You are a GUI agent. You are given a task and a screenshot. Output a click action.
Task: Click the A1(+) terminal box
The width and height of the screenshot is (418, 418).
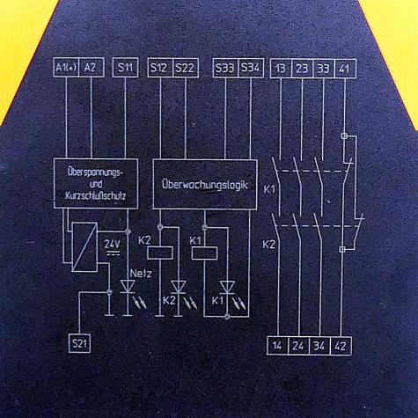[66, 68]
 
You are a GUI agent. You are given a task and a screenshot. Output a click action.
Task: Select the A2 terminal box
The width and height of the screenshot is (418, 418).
[92, 68]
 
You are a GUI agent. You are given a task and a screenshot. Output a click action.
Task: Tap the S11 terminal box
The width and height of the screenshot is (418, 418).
[125, 68]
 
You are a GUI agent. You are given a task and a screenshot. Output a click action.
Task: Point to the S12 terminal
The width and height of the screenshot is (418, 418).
[160, 68]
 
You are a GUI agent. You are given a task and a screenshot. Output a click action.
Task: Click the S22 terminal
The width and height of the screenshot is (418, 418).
[186, 68]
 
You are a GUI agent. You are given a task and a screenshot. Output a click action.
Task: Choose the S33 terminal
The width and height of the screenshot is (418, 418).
[225, 69]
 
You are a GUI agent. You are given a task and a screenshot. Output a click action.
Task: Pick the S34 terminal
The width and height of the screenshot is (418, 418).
[251, 69]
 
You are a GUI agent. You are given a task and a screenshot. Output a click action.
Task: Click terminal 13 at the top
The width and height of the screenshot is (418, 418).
[281, 69]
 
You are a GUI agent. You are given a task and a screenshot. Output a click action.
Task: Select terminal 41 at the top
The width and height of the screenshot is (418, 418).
[346, 69]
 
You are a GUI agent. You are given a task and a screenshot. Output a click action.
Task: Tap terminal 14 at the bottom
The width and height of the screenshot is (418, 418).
[277, 346]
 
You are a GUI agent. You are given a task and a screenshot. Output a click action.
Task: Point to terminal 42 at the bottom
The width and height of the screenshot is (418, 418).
[341, 346]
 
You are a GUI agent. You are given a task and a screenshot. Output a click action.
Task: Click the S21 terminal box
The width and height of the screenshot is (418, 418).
[79, 343]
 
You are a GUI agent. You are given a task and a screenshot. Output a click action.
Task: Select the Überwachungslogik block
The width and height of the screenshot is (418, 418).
[205, 184]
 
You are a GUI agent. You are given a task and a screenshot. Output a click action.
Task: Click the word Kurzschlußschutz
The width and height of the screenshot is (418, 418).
[96, 195]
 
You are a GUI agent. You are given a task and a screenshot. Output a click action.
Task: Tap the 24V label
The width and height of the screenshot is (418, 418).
[112, 244]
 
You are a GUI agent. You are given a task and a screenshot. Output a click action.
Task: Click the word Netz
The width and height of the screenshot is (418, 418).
[141, 274]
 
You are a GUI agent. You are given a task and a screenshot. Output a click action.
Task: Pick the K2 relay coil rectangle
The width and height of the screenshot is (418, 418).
[160, 253]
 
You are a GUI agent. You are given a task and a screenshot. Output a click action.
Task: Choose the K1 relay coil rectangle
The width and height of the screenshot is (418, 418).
[204, 253]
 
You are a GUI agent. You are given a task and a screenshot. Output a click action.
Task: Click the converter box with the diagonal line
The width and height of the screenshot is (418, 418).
[84, 247]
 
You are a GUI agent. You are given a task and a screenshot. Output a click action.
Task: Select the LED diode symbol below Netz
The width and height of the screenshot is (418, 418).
[128, 287]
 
